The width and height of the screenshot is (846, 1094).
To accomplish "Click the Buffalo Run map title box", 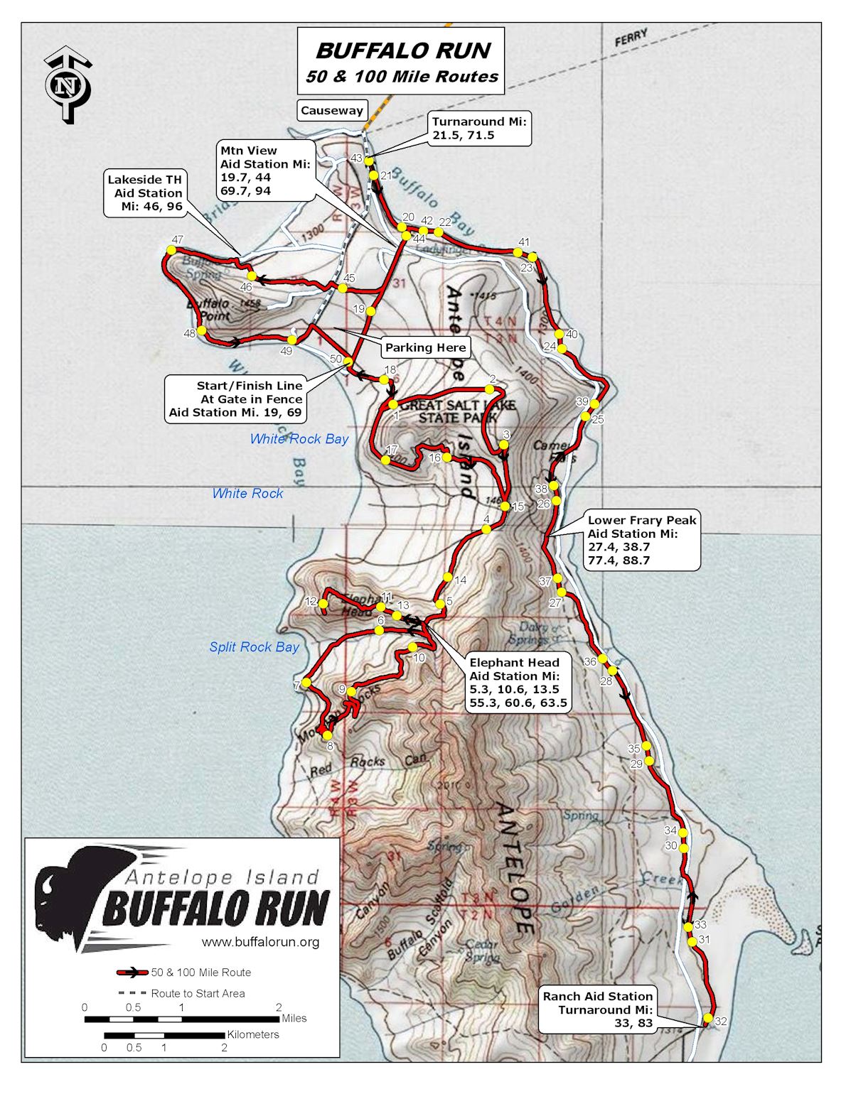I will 401,61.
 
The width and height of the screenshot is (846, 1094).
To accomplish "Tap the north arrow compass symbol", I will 68,86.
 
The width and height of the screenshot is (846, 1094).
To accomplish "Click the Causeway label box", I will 331,110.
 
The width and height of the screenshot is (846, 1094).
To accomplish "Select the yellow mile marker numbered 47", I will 171,250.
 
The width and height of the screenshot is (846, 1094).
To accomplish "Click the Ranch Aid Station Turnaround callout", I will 597,1009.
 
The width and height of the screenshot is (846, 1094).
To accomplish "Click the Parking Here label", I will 425,347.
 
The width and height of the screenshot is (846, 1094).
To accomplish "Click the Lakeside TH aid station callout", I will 145,193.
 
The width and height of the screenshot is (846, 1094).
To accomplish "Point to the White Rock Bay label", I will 299,439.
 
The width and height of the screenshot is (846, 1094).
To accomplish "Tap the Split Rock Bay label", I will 254,647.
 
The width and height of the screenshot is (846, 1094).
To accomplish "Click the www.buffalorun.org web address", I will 260,942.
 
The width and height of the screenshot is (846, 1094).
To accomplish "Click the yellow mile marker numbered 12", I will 323,605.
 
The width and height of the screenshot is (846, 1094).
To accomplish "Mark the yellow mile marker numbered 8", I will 328,735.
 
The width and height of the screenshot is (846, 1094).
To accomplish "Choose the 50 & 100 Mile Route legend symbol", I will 132,973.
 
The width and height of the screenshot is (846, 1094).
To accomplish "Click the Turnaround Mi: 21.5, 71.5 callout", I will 480,129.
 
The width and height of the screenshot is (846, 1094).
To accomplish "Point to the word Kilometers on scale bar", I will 253,1034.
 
